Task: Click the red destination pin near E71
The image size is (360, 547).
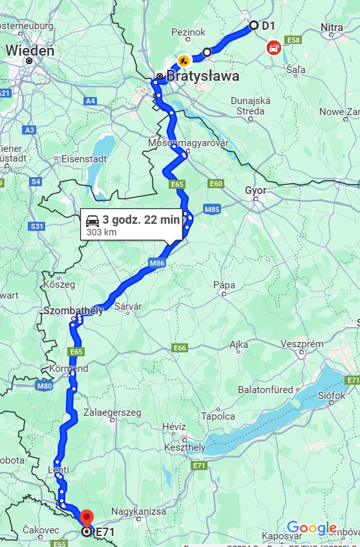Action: click(x=87, y=518)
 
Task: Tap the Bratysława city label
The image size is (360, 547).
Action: click(x=203, y=76)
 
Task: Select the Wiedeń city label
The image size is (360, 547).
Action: click(x=30, y=50)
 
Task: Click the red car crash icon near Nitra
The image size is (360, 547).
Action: click(x=274, y=47)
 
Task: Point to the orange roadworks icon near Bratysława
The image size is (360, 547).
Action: click(x=184, y=61)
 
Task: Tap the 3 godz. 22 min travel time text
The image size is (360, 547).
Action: click(x=141, y=220)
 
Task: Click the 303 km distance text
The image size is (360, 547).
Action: click(x=101, y=232)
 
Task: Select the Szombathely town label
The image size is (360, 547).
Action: click(x=73, y=311)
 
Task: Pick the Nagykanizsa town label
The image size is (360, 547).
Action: click(x=139, y=511)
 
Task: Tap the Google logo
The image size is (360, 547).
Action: click(x=312, y=528)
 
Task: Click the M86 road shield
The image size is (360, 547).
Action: click(x=158, y=263)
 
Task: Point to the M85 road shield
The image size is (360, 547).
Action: click(x=212, y=209)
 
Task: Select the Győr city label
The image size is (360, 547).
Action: click(x=255, y=191)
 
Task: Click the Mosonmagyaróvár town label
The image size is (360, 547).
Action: click(x=189, y=143)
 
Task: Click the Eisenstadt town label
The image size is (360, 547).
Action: click(x=83, y=158)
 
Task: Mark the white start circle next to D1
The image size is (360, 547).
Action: click(x=253, y=25)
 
